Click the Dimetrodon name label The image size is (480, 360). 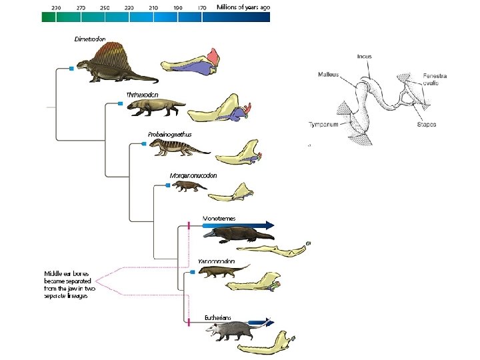pyautogui.click(x=90, y=39)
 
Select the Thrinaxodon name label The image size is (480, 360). pyautogui.click(x=142, y=94)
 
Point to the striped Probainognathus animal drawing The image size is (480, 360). pyautogui.click(x=177, y=147)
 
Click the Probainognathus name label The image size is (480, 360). pyautogui.click(x=169, y=134)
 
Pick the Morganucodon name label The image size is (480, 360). pyautogui.click(x=193, y=175)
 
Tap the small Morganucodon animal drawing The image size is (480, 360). pyautogui.click(x=189, y=187)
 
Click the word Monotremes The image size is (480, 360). pyautogui.click(x=219, y=218)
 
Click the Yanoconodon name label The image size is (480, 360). pyautogui.click(x=216, y=261)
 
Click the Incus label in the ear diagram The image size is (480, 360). pyautogui.click(x=365, y=57)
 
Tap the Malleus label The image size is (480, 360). pyautogui.click(x=328, y=75)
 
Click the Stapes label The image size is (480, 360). pyautogui.click(x=426, y=125)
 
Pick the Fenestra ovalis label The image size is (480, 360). pyautogui.click(x=435, y=79)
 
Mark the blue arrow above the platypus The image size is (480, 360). pyautogui.click(x=240, y=225)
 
